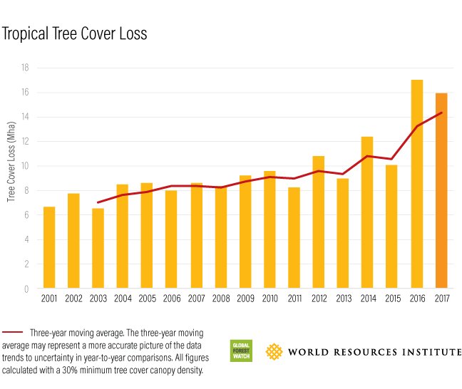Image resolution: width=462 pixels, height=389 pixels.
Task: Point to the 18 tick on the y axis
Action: [24, 68]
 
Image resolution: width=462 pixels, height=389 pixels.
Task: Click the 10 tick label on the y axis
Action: [24, 166]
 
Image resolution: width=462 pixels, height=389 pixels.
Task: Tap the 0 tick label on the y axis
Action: [26, 289]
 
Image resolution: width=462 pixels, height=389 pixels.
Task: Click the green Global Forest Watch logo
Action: [240, 351]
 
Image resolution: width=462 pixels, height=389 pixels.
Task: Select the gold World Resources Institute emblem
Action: [274, 351]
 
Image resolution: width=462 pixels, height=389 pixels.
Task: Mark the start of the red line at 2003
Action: [98, 202]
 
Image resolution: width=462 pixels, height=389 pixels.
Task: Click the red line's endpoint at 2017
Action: [441, 113]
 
